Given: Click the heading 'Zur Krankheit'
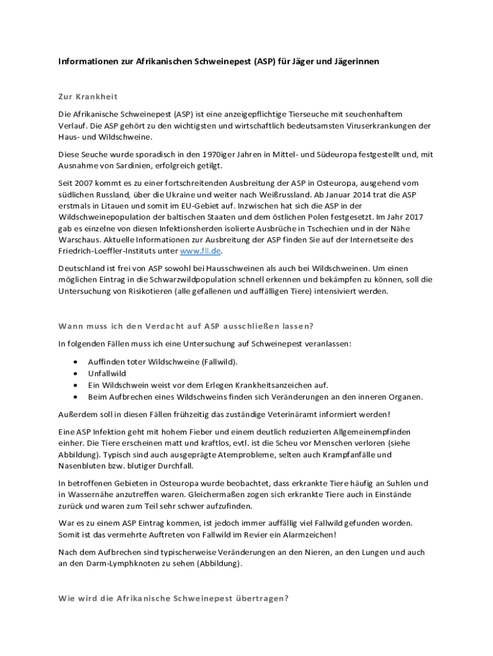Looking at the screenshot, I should [88, 96].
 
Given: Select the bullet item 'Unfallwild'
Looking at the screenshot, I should [107, 373].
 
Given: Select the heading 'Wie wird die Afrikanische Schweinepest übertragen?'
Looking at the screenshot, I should [174, 598].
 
